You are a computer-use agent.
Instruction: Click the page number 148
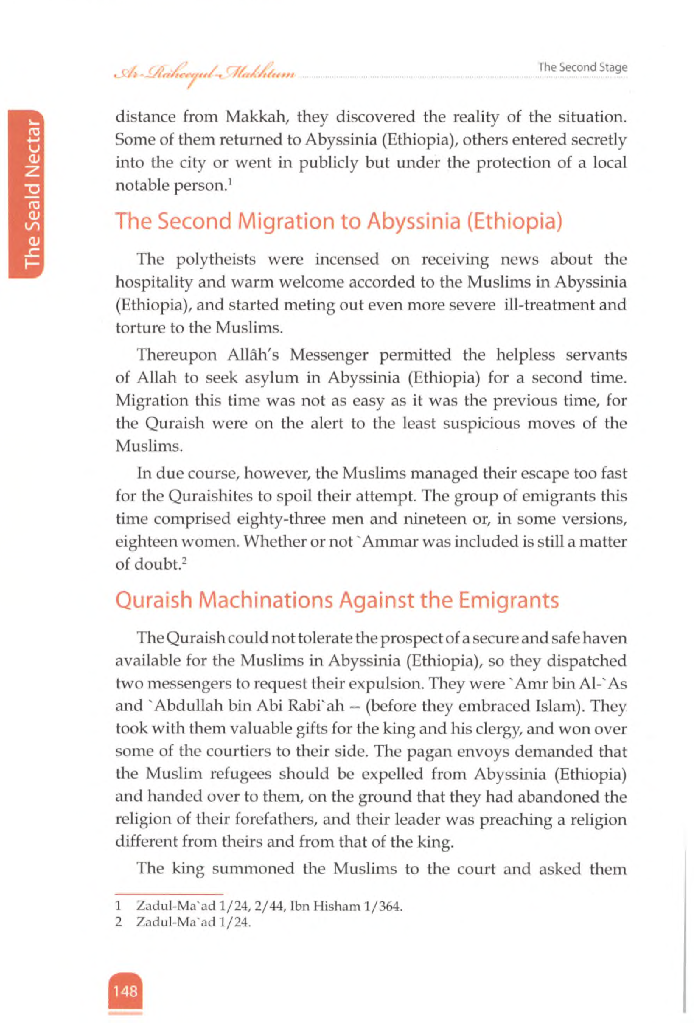tap(125, 991)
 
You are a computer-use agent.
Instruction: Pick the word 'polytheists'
tap(216, 259)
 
